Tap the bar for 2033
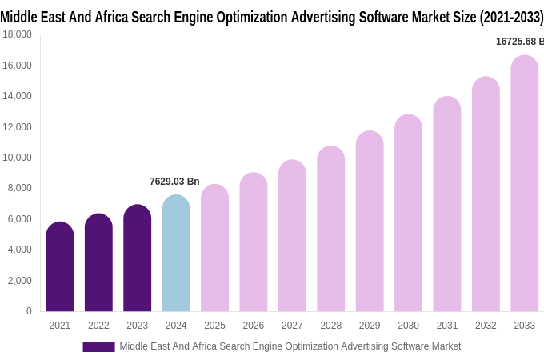(524, 183)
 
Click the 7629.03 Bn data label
(174, 182)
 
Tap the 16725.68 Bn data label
(519, 42)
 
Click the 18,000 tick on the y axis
(17, 34)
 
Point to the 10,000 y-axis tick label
(17, 158)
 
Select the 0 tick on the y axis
(29, 311)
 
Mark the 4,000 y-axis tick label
(18, 250)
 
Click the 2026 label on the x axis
(253, 326)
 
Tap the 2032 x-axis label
(486, 326)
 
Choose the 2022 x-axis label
(98, 326)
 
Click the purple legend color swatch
(98, 346)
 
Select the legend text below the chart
(290, 346)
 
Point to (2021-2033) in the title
(508, 17)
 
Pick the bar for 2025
(214, 248)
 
